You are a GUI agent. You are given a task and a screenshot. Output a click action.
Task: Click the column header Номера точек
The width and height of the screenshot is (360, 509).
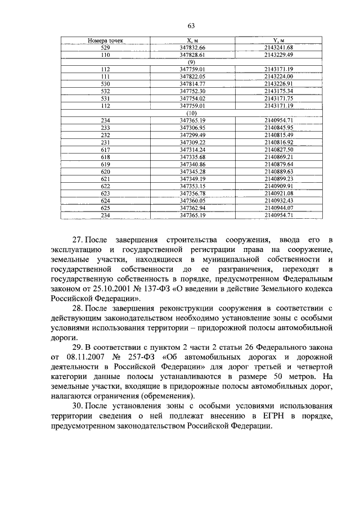coord(105,41)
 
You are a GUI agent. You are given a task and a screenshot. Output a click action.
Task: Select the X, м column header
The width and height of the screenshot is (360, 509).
coord(193,41)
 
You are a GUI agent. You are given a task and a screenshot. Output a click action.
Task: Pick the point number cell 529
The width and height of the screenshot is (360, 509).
coord(105,48)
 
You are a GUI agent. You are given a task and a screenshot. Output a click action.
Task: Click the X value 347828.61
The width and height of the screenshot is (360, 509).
coord(193,55)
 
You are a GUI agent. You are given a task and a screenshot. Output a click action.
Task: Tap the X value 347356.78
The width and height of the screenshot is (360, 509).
coord(193,193)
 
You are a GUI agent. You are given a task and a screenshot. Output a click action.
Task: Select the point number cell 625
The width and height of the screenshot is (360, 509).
coord(105,208)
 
